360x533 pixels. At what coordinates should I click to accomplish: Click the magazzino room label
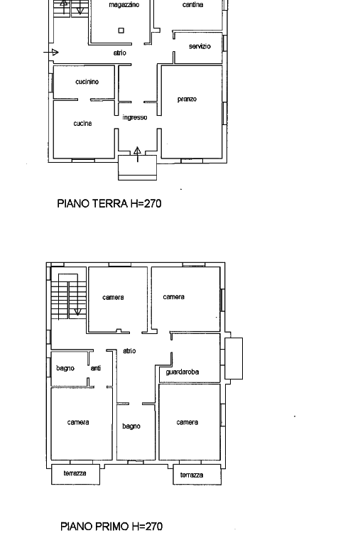pyautogui.click(x=124, y=5)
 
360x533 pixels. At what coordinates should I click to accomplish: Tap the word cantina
pyautogui.click(x=192, y=4)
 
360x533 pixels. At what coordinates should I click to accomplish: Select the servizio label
pyautogui.click(x=200, y=46)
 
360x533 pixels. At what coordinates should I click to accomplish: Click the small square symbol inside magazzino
pyautogui.click(x=121, y=31)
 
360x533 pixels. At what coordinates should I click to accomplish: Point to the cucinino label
pyautogui.click(x=87, y=82)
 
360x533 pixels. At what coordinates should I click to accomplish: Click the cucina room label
pyautogui.click(x=82, y=123)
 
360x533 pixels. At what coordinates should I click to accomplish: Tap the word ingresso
pyautogui.click(x=135, y=117)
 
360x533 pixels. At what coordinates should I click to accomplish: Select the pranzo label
pyautogui.click(x=187, y=99)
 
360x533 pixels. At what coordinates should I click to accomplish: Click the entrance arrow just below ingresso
pyautogui.click(x=137, y=154)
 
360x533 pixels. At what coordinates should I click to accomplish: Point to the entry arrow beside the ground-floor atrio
pyautogui.click(x=51, y=53)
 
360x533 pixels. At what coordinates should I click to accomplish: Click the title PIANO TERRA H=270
pyautogui.click(x=109, y=203)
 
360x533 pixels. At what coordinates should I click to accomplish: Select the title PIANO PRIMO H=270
pyautogui.click(x=111, y=526)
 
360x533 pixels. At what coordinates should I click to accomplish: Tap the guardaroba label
pyautogui.click(x=182, y=372)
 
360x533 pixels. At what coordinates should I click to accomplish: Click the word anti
pyautogui.click(x=96, y=368)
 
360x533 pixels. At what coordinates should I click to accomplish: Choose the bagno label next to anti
pyautogui.click(x=65, y=368)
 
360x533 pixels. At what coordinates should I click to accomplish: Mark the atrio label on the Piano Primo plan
pyautogui.click(x=129, y=351)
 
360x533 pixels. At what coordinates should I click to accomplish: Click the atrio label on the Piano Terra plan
pyautogui.click(x=119, y=53)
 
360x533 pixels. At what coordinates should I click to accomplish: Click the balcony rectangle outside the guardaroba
pyautogui.click(x=234, y=358)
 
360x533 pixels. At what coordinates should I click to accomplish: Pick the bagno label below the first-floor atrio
pyautogui.click(x=131, y=426)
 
